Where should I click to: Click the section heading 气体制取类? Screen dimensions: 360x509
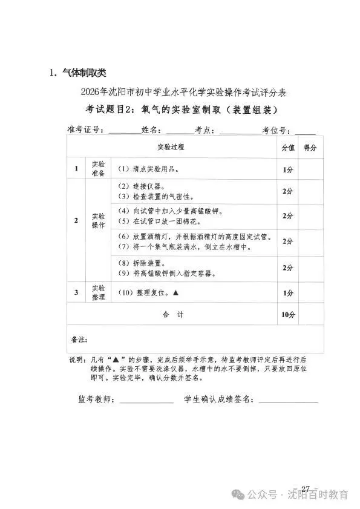pyautogui.click(x=79, y=73)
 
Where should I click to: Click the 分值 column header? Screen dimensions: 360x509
pyautogui.click(x=287, y=147)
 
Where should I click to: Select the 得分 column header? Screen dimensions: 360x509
pyautogui.click(x=310, y=147)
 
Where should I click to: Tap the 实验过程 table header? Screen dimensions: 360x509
pyautogui.click(x=171, y=147)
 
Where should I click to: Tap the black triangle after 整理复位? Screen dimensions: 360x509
pyautogui.click(x=175, y=292)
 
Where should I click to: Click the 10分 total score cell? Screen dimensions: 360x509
pyautogui.click(x=287, y=315)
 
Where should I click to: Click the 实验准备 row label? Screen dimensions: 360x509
pyautogui.click(x=97, y=169)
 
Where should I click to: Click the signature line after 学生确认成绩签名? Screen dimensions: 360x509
pyautogui.click(x=288, y=401)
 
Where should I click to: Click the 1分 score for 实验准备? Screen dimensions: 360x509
pyautogui.click(x=287, y=169)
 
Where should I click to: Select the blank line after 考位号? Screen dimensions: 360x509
pyautogui.click(x=305, y=130)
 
